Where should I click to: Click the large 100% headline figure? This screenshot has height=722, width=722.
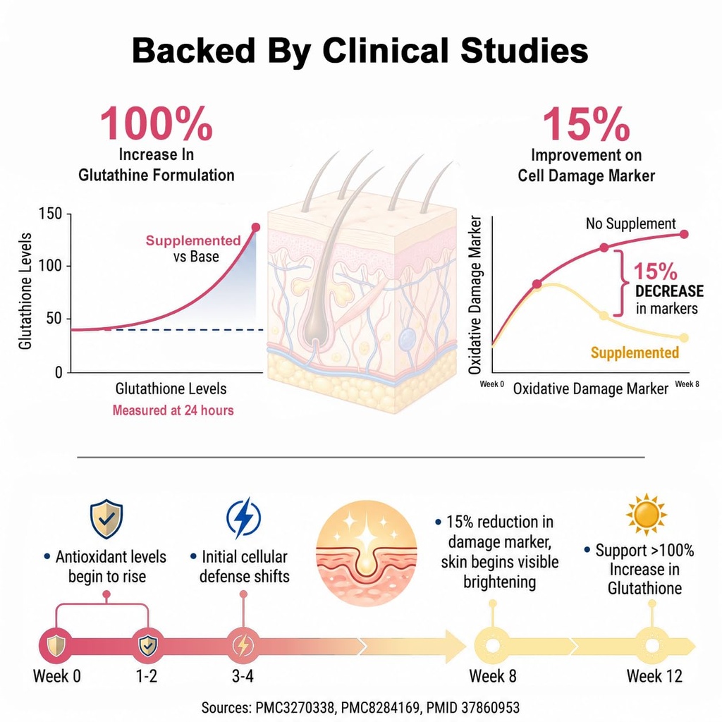(x=156, y=124)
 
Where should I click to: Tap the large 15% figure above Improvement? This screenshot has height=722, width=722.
(x=586, y=124)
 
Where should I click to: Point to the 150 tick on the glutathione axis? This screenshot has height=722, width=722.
(x=50, y=214)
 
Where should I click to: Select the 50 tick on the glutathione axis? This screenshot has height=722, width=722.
(x=54, y=319)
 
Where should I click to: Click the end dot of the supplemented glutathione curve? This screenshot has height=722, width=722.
(x=255, y=227)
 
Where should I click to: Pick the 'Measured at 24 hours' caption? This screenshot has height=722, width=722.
(x=173, y=410)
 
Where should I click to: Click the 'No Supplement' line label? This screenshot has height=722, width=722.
(x=630, y=224)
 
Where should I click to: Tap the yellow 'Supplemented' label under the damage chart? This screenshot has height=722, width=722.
(x=635, y=353)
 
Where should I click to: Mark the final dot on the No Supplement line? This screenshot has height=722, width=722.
(x=684, y=234)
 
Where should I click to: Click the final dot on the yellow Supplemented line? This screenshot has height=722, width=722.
(x=684, y=338)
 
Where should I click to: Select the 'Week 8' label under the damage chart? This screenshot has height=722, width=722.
(x=687, y=384)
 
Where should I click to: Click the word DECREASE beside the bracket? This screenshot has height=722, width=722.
(x=669, y=291)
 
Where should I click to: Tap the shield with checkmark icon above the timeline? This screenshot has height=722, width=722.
(x=106, y=519)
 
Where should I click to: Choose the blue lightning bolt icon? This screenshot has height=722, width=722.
(x=243, y=518)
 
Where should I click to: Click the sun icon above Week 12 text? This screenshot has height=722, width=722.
(x=646, y=514)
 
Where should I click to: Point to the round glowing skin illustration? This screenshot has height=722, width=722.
(x=367, y=553)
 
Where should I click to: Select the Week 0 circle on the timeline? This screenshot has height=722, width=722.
(x=56, y=646)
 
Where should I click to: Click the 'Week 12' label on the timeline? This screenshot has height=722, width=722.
(x=654, y=676)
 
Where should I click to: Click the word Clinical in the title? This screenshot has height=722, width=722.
(x=386, y=50)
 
